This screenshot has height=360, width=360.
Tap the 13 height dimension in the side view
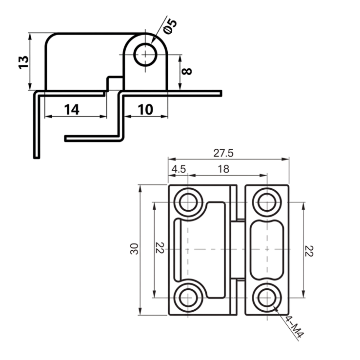pos(23,62)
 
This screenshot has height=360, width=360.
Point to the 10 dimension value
pos(145,109)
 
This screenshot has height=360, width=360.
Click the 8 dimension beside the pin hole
pos(187,71)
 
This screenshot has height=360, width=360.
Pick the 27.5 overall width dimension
pos(223,153)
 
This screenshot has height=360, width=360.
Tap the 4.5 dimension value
pos(179,169)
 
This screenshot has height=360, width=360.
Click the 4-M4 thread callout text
pos(294,327)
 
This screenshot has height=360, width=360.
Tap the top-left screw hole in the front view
pos(188,201)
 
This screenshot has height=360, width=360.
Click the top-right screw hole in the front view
pos(267,201)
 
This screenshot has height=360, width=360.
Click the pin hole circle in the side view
pos(145,54)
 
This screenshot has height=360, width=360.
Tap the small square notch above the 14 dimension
pos(115,83)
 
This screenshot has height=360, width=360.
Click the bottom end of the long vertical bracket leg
pos(36,156)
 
